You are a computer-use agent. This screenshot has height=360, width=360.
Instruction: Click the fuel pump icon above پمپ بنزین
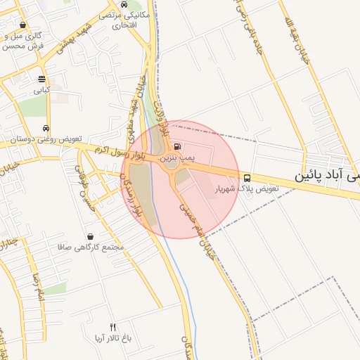coord(176,148)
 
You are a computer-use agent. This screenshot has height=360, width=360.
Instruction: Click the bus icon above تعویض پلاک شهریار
coord(247,177)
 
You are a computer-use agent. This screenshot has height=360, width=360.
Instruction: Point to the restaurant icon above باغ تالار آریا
coord(113,327)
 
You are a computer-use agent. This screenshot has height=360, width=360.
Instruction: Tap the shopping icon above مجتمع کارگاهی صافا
coord(91,236)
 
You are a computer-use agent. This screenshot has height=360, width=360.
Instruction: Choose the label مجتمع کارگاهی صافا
coord(93,247)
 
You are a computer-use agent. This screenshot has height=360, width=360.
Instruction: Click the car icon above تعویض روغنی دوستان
coord(46,129)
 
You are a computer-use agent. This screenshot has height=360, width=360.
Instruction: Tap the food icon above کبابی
coord(41,79)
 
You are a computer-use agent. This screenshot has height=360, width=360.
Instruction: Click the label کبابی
coord(41,91)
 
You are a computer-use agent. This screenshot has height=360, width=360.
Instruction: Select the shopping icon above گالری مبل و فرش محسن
coord(23,25)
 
